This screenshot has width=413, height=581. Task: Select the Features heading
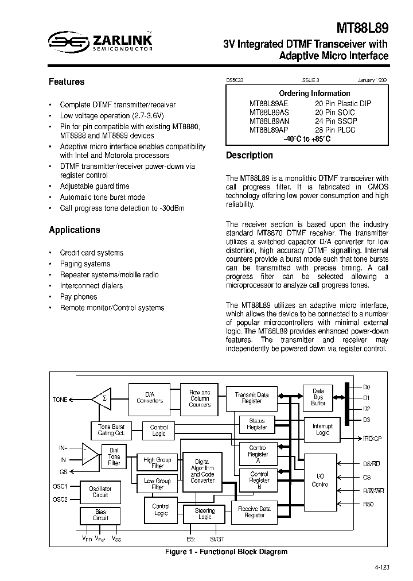click(x=67, y=82)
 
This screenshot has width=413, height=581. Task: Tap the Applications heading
click(x=74, y=230)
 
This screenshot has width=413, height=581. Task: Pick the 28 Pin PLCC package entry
click(x=335, y=130)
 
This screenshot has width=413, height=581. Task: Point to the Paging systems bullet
click(x=85, y=264)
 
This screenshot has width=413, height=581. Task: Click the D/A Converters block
click(x=150, y=397)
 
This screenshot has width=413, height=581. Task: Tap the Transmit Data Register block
click(x=251, y=398)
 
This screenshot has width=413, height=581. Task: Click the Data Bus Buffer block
click(x=318, y=397)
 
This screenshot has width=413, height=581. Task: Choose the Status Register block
click(x=256, y=424)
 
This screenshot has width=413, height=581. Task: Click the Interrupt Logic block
click(x=322, y=429)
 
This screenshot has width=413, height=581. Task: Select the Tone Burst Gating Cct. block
click(x=111, y=430)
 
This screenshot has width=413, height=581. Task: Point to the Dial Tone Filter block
click(x=114, y=456)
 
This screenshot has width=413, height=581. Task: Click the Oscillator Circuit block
click(x=100, y=491)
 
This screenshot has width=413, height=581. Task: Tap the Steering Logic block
click(x=204, y=514)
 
